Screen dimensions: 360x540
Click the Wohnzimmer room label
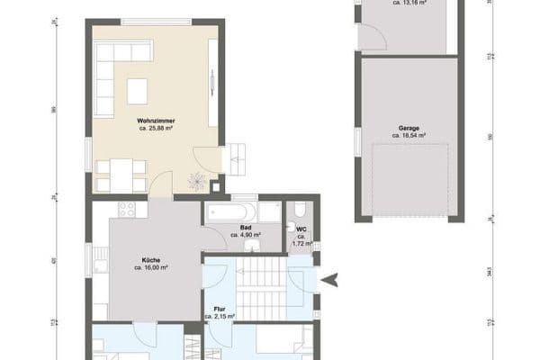point(155,120)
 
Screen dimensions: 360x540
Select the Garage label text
point(409,128)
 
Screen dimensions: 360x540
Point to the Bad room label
point(245,228)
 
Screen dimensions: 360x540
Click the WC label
point(301,229)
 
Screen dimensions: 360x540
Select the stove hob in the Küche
point(126,211)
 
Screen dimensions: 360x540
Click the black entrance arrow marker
point(330,280)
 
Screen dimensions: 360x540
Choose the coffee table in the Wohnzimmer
point(137,91)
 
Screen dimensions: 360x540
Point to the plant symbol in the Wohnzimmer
point(196,181)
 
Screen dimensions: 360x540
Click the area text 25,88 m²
point(156,129)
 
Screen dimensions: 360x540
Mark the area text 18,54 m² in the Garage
point(409,136)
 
